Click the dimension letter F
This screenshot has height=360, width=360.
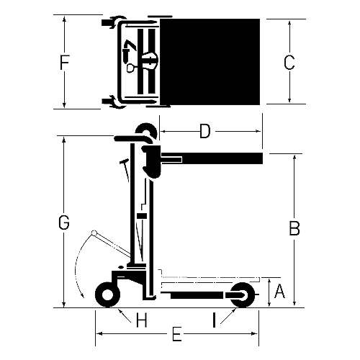(x=64, y=63)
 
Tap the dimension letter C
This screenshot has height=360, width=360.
(x=289, y=63)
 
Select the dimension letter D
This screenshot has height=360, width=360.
(x=205, y=131)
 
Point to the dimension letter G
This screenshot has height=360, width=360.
(x=64, y=222)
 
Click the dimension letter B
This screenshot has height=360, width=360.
(x=294, y=228)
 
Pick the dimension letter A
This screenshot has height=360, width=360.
(x=279, y=291)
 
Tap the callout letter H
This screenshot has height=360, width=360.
(x=142, y=320)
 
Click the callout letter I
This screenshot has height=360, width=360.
(x=215, y=320)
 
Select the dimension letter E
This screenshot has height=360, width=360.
(x=177, y=334)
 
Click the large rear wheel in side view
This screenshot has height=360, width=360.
(x=108, y=295)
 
